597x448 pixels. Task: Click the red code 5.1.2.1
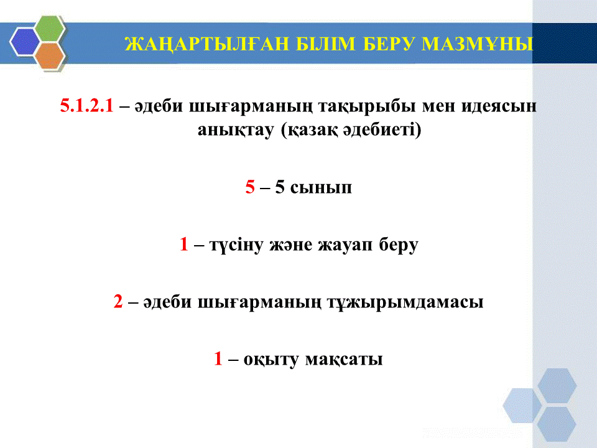tap(87, 105)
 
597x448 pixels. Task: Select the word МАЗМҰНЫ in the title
tap(477, 44)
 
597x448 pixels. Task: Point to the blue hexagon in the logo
tap(25, 42)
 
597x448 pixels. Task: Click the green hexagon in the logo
tap(50, 28)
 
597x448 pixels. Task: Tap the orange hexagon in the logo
tap(50, 55)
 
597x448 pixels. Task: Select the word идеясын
tap(499, 106)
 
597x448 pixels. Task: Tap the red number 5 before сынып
tap(250, 187)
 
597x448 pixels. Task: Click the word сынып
tap(321, 188)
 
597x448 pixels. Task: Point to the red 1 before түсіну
tap(184, 244)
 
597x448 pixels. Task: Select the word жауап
tap(345, 245)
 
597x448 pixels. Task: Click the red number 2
tap(118, 301)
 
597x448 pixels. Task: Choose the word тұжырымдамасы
tap(405, 303)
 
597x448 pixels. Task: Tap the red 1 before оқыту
tap(218, 358)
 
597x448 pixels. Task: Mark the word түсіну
tap(236, 245)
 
